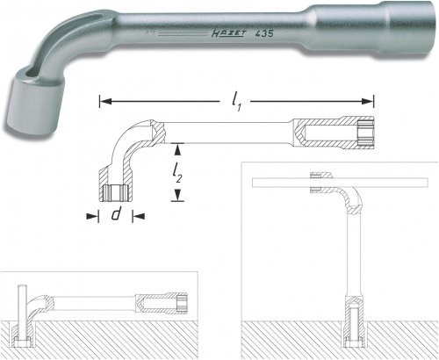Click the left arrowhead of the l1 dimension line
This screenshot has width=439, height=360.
click(x=103, y=100)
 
